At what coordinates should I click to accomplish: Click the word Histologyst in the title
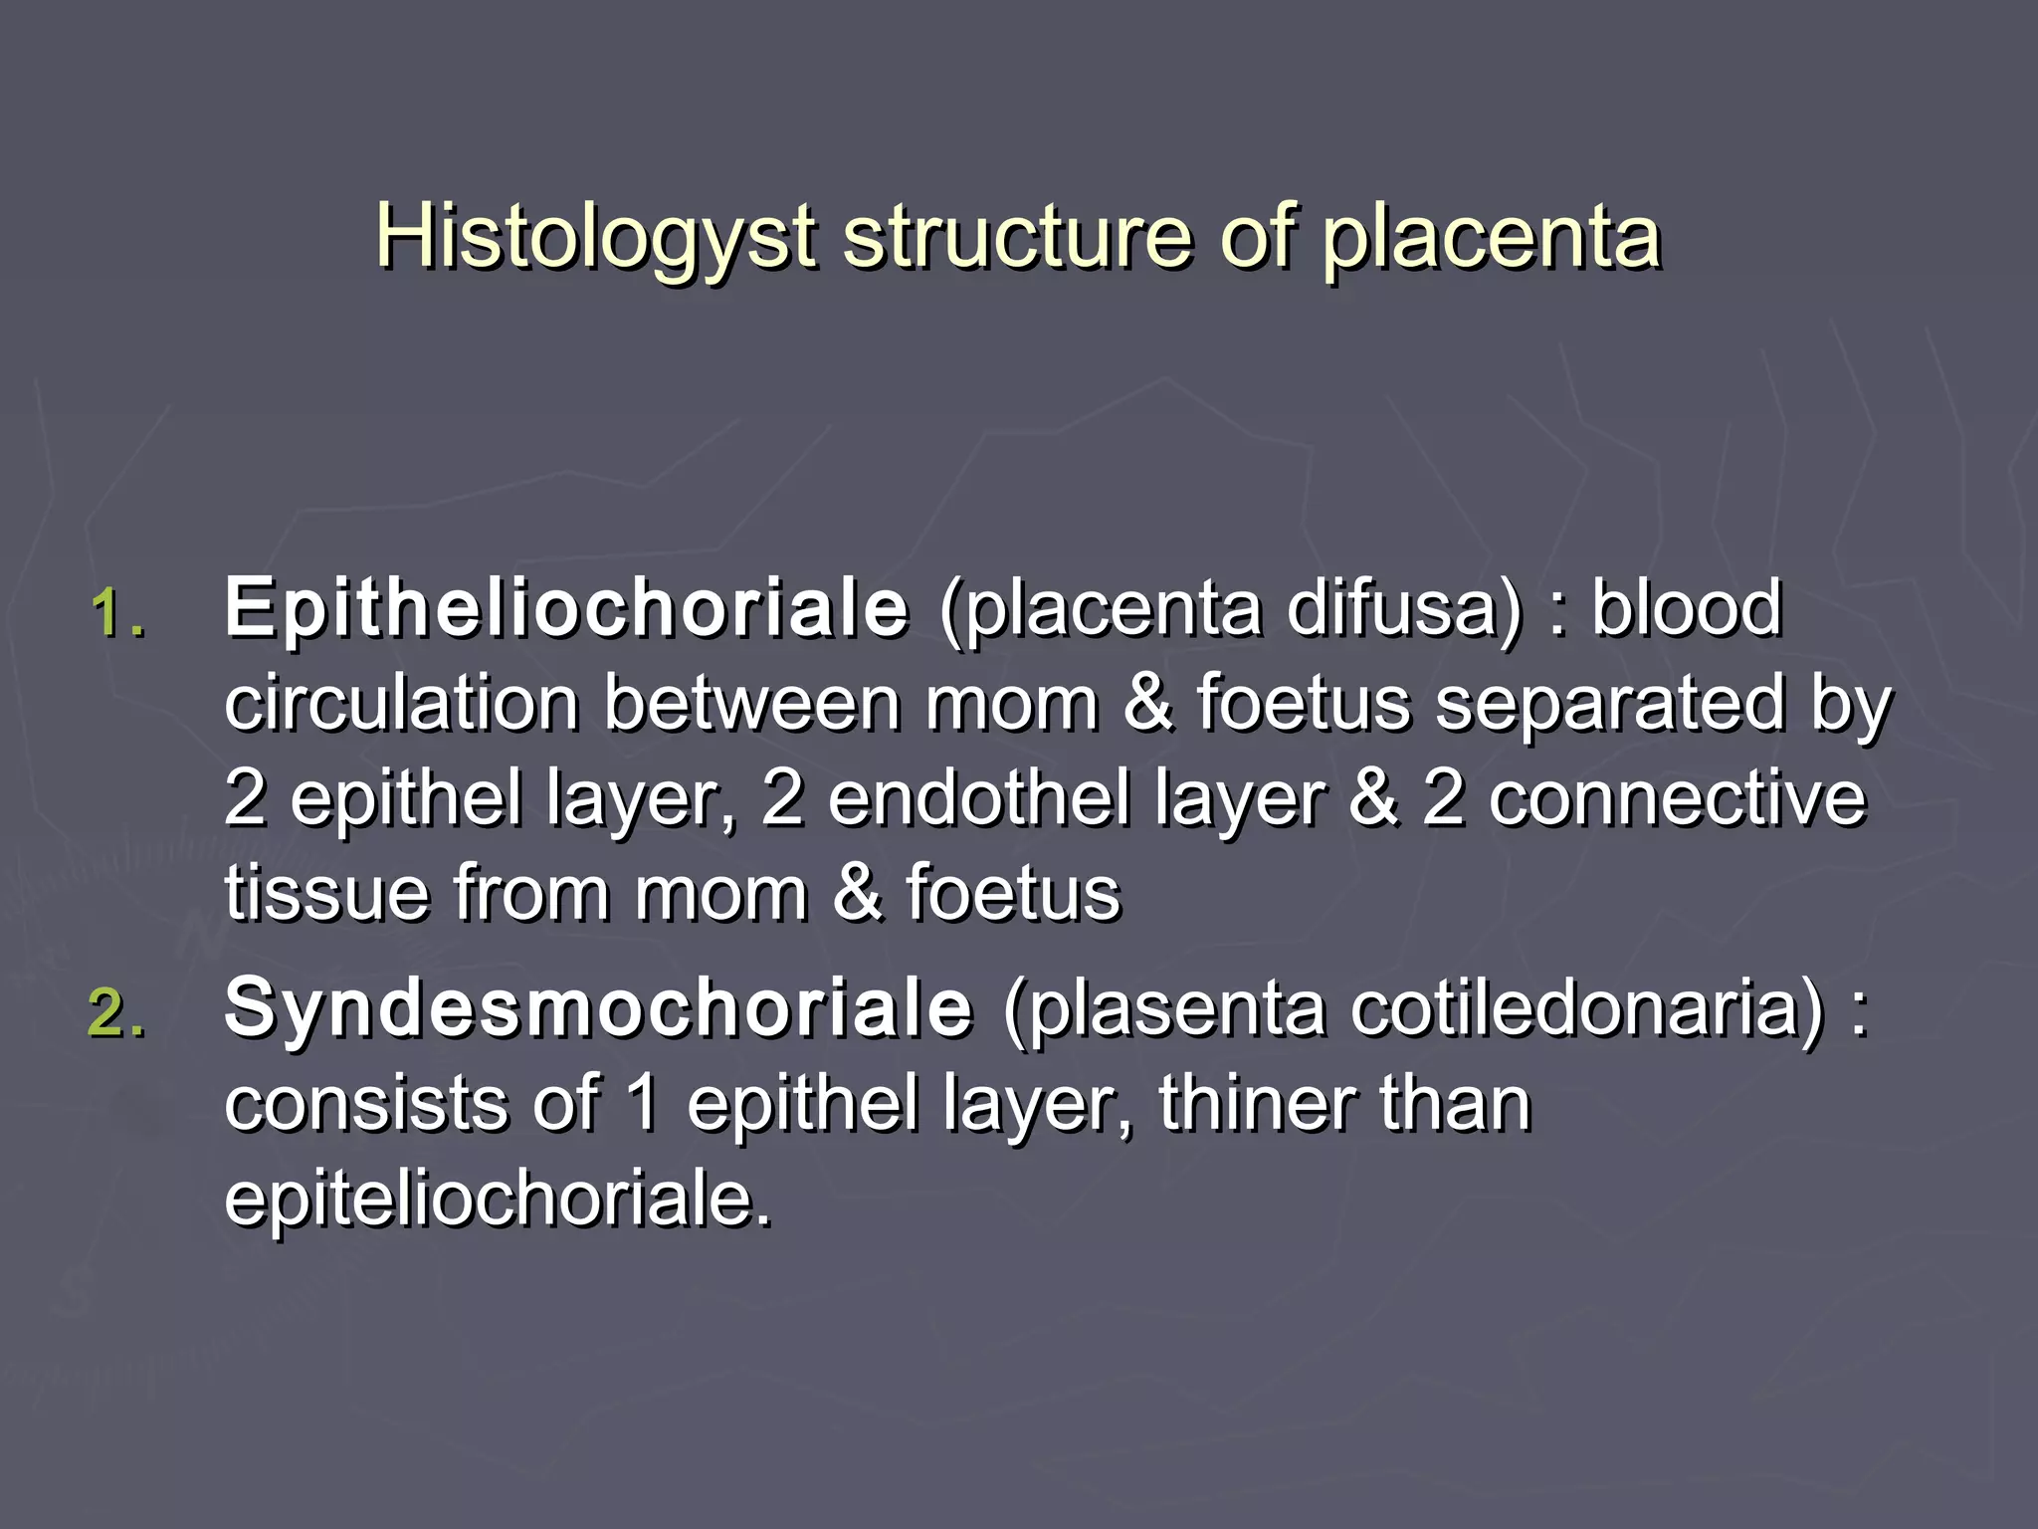(595, 239)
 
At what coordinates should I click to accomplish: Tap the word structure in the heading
(1017, 239)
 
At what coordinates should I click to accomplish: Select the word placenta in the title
(1491, 239)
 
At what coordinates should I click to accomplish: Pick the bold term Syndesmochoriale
(598, 1008)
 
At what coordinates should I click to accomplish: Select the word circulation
(402, 703)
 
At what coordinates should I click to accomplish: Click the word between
(752, 703)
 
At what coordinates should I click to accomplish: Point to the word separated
(1610, 703)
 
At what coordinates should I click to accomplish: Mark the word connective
(1677, 798)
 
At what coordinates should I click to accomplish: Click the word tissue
(327, 894)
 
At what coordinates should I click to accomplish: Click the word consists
(365, 1104)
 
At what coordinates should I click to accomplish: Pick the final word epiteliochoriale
(497, 1200)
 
